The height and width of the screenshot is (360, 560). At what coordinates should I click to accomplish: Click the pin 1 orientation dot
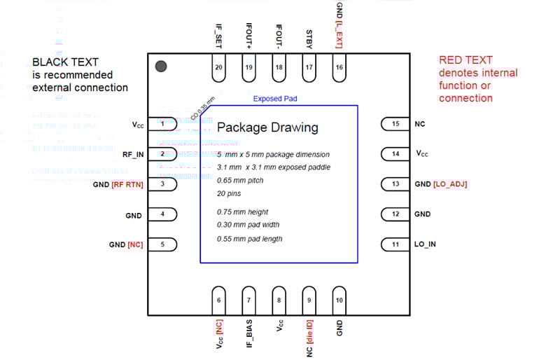pos(160,66)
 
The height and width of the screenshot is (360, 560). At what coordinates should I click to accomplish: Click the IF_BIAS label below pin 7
pos(249,333)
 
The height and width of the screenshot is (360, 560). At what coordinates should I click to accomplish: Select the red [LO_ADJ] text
pos(450,184)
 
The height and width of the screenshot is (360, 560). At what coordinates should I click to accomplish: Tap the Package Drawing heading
pos(267,127)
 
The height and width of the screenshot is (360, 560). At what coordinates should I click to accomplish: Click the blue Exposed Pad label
pos(275,99)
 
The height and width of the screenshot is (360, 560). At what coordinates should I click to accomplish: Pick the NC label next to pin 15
pos(420,124)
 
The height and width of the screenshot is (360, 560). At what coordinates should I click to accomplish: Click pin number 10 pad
pos(339,300)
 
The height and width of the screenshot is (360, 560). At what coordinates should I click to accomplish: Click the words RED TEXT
pos(465,60)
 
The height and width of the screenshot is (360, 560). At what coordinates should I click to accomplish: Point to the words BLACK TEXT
pos(65,62)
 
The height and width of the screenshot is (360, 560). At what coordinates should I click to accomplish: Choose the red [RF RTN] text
pos(127,184)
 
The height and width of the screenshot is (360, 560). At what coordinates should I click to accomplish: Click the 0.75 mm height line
pos(243,212)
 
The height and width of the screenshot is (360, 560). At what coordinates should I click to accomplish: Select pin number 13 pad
pos(395,184)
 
